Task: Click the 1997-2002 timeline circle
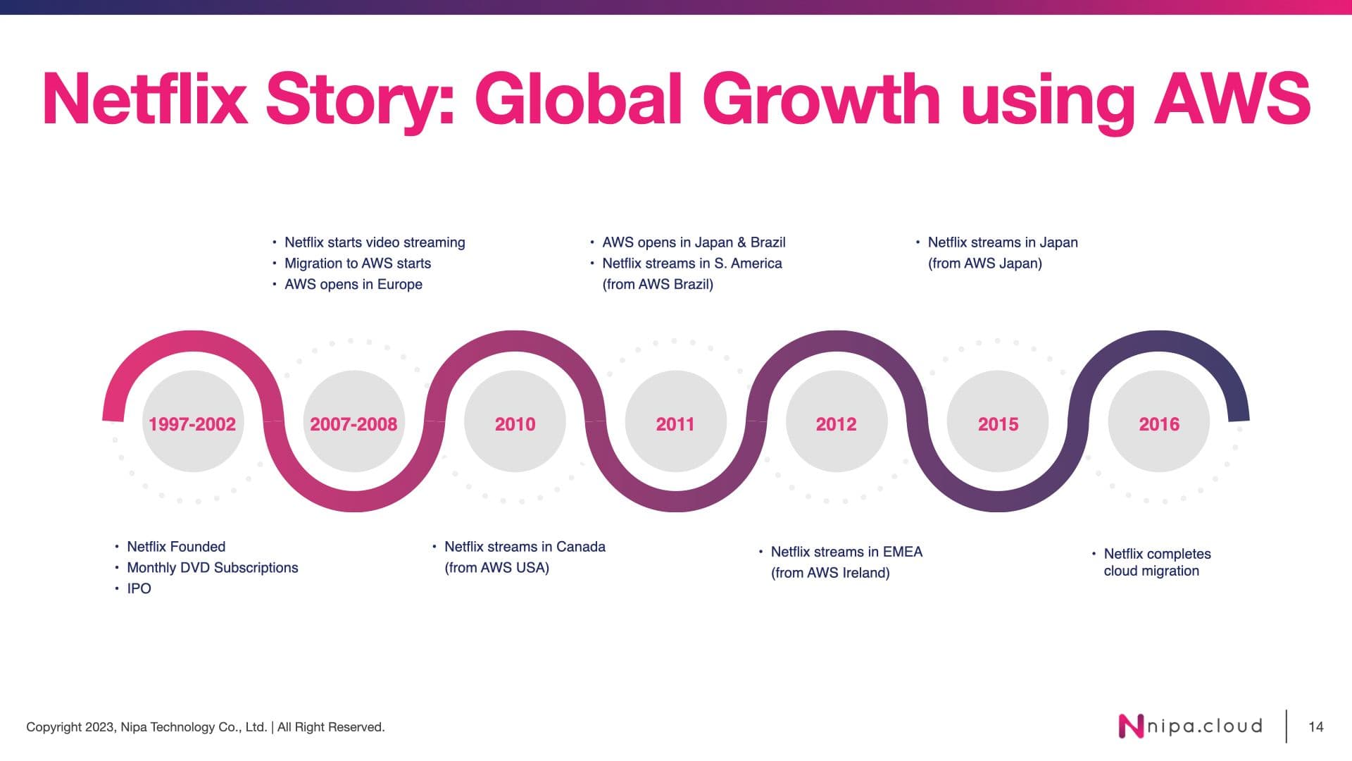coord(192,421)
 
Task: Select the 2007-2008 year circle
coord(353,421)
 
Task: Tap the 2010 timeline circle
coord(515,421)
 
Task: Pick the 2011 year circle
coord(675,421)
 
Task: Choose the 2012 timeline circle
coord(837,421)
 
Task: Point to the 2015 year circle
coord(998,421)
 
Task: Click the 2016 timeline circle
coord(1159,421)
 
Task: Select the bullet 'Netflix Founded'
coord(176,547)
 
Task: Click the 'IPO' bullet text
coord(139,588)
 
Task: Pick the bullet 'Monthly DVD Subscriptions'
coord(212,568)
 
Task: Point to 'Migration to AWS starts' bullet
coord(358,264)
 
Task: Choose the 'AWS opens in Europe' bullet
coord(353,285)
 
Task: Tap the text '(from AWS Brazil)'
coord(658,285)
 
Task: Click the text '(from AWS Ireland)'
coord(830,573)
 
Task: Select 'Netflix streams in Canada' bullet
coord(525,547)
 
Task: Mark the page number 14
coord(1316,726)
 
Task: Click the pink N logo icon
coord(1132,726)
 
